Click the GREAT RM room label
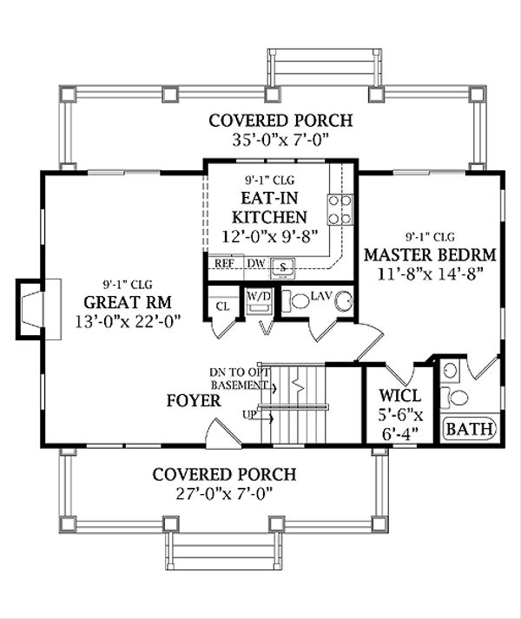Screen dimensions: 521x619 pyautogui.click(x=128, y=302)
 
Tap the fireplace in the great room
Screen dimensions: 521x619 pyautogui.click(x=38, y=309)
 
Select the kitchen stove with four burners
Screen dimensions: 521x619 pyautogui.click(x=340, y=209)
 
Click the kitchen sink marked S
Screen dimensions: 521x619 pyautogui.click(x=282, y=267)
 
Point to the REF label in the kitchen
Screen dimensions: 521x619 pyautogui.click(x=224, y=263)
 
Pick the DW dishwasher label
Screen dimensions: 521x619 pyautogui.click(x=256, y=263)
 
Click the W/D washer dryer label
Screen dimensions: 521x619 pyautogui.click(x=259, y=296)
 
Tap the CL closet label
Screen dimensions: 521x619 pyautogui.click(x=223, y=306)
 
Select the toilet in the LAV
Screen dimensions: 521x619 pyautogui.click(x=296, y=300)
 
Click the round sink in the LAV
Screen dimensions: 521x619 pyautogui.click(x=344, y=302)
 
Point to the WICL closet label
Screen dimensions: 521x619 pyautogui.click(x=399, y=395)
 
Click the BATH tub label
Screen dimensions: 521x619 pyautogui.click(x=470, y=429)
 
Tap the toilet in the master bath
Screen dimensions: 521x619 pyautogui.click(x=455, y=398)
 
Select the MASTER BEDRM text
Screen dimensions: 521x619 pyautogui.click(x=430, y=255)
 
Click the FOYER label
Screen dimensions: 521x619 pyautogui.click(x=194, y=401)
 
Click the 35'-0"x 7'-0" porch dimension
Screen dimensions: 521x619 pyautogui.click(x=280, y=140)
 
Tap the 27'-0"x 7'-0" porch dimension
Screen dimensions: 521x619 pyautogui.click(x=224, y=493)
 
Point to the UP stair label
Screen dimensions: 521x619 pyautogui.click(x=249, y=415)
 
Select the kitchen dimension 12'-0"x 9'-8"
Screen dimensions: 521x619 pyautogui.click(x=270, y=237)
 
